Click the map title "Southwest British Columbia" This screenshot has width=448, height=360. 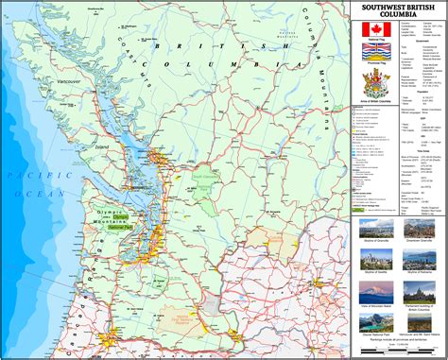click(x=398, y=12)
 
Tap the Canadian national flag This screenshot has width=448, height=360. click(x=376, y=29)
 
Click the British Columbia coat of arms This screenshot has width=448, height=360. click(x=376, y=85)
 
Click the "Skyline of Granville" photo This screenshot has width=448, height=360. click(x=377, y=228)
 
